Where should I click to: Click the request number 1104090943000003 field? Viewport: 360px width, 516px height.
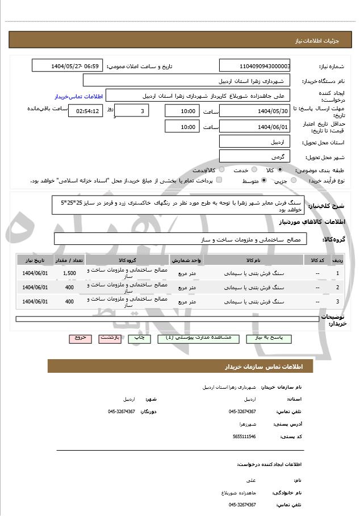(x=255, y=66)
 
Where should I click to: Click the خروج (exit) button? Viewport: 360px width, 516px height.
(x=80, y=338)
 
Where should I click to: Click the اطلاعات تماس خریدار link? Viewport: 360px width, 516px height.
(x=77, y=97)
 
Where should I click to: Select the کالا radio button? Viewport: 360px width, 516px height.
(x=281, y=170)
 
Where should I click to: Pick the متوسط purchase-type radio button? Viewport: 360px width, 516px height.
(x=264, y=180)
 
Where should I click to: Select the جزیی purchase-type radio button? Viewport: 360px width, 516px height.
(x=294, y=180)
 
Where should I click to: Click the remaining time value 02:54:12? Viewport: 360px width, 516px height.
(x=86, y=111)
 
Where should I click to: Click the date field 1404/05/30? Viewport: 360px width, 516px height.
(x=255, y=111)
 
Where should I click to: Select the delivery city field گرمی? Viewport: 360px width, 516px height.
(x=255, y=156)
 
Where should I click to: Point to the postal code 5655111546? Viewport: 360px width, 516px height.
(x=245, y=436)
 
